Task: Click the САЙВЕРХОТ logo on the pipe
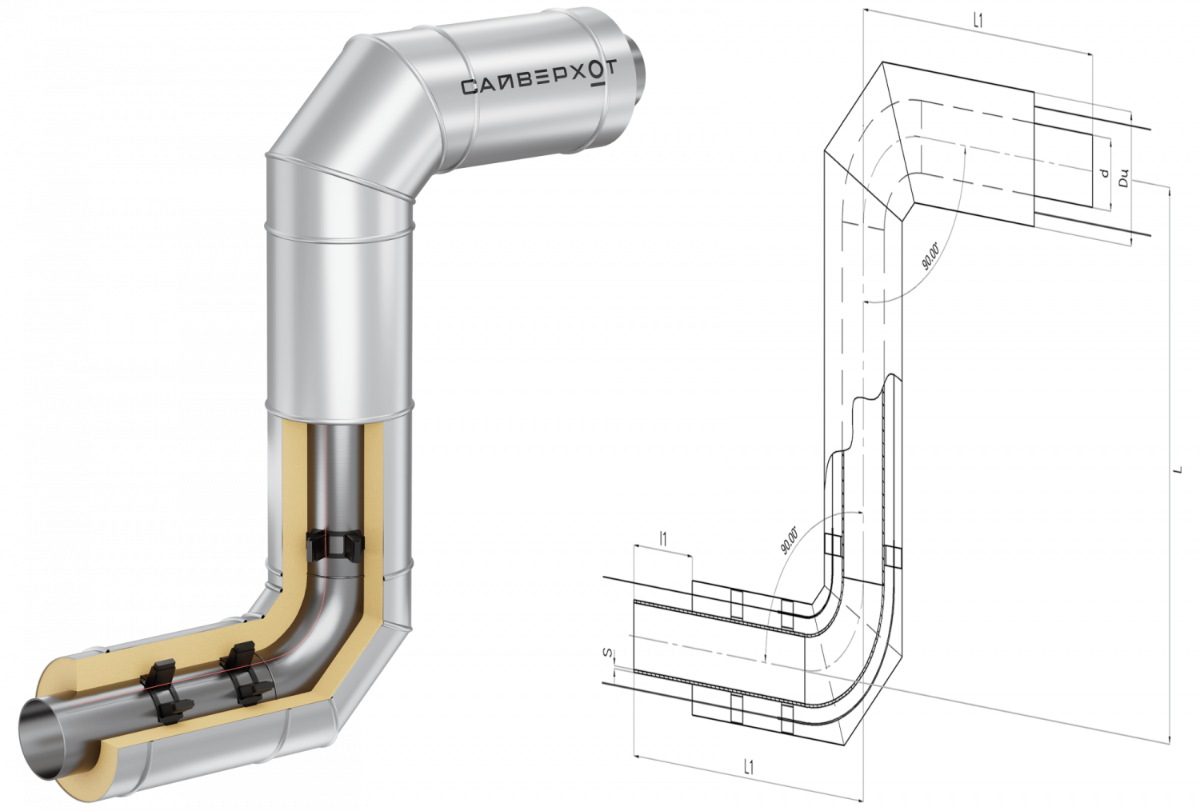click(538, 80)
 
